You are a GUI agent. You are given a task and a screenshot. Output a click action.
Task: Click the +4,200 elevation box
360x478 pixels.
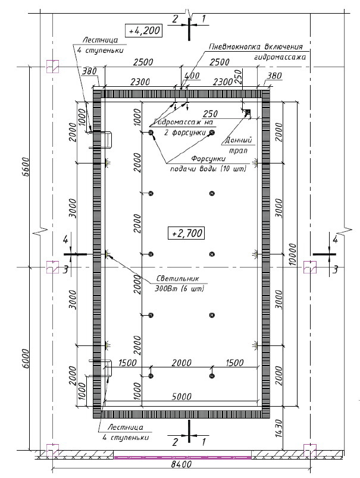coord(144,30)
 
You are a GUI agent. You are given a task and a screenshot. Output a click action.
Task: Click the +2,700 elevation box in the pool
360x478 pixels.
coord(186,233)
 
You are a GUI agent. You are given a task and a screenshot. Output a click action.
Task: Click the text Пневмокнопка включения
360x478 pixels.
coord(256,46)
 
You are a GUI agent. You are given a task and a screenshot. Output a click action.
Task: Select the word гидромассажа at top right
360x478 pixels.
coord(280,58)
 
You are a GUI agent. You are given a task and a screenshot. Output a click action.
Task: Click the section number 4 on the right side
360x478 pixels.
coord(335,240)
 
